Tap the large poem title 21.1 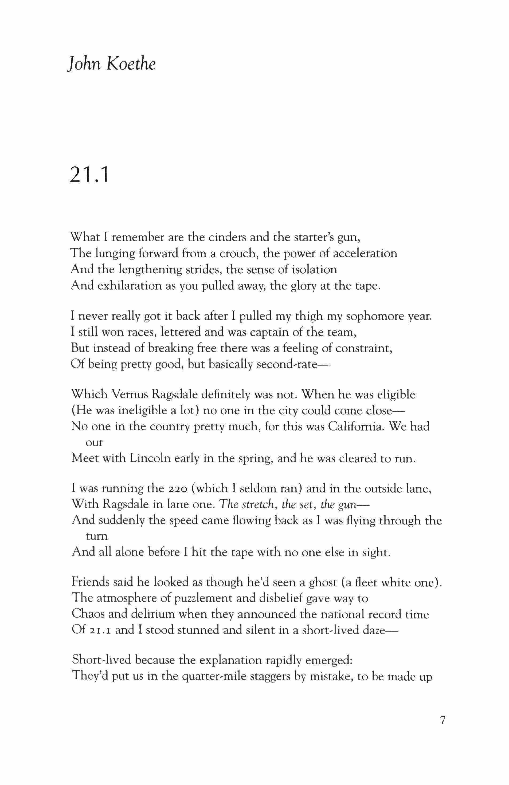click(89, 174)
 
